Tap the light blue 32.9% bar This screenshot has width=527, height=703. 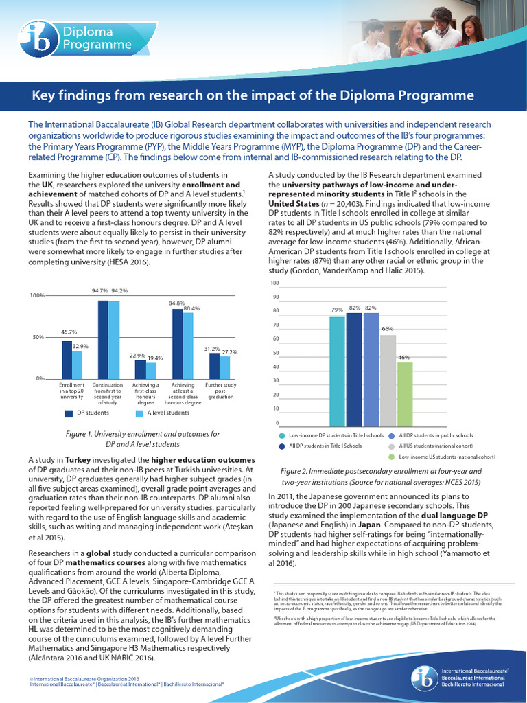coord(78,365)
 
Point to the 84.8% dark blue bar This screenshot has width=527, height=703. coord(177,343)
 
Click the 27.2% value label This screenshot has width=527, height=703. coord(229,352)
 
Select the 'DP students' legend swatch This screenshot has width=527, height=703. coord(69,413)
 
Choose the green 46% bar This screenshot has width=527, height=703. coord(405,393)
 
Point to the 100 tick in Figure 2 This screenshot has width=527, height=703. coord(274,283)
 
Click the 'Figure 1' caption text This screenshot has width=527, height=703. coord(81,434)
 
